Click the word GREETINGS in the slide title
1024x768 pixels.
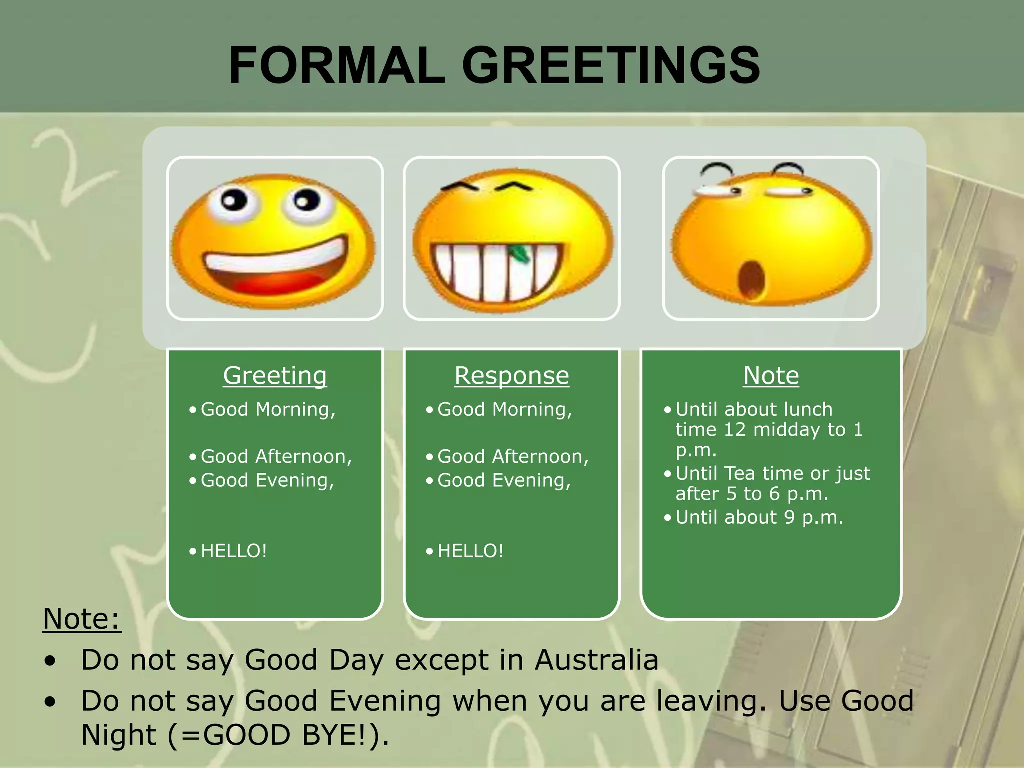tap(610, 65)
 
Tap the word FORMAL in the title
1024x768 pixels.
tap(337, 65)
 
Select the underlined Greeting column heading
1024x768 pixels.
tap(275, 375)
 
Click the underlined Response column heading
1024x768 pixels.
tap(511, 375)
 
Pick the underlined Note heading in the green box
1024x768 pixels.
tap(771, 375)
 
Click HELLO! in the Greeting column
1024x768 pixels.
tap(234, 551)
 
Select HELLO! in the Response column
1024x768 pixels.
tap(470, 551)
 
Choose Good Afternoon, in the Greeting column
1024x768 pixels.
tap(276, 456)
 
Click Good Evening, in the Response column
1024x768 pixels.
tap(504, 480)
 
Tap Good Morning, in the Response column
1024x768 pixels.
tap(505, 409)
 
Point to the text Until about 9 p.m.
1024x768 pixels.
tap(759, 517)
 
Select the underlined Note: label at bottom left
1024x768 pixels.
tap(82, 619)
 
